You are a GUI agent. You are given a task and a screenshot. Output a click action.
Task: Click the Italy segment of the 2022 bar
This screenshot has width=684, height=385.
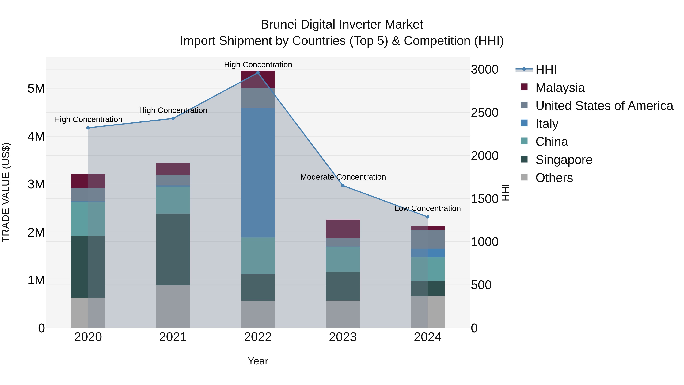[x=258, y=173]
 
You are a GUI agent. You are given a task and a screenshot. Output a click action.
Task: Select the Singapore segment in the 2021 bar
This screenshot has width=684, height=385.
[x=173, y=249]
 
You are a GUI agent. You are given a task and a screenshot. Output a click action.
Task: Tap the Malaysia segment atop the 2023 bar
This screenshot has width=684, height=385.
[x=343, y=229]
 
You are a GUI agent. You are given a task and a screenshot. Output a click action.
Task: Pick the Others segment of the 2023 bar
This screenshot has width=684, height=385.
[x=343, y=314]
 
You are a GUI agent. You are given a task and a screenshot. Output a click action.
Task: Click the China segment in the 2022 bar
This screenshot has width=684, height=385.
[x=258, y=256]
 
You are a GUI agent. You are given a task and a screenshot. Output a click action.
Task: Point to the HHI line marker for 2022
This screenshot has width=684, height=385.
[x=258, y=73]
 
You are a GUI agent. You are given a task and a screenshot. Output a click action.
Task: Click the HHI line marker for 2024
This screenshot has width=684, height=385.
[x=427, y=217]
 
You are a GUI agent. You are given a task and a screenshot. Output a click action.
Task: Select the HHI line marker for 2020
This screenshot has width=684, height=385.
[x=88, y=128]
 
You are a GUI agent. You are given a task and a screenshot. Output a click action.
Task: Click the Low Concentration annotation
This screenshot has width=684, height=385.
[x=427, y=208]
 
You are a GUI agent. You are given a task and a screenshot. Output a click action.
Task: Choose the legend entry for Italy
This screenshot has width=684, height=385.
[x=546, y=124]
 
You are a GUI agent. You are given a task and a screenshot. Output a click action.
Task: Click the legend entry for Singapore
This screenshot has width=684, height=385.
[x=564, y=160]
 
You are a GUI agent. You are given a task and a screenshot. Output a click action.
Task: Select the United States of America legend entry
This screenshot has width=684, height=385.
[x=604, y=106]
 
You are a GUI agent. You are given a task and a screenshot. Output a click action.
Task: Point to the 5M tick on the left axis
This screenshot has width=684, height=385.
[x=36, y=88]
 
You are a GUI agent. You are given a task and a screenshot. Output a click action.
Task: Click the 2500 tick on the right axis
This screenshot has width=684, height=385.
[x=484, y=113]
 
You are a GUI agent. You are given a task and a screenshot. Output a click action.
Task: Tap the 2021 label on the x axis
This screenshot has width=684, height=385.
[x=173, y=337]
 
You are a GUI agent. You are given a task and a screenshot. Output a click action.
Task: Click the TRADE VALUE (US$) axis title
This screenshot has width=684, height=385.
[x=6, y=192]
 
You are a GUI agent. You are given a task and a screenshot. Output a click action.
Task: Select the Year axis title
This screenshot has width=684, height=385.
[x=258, y=361]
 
